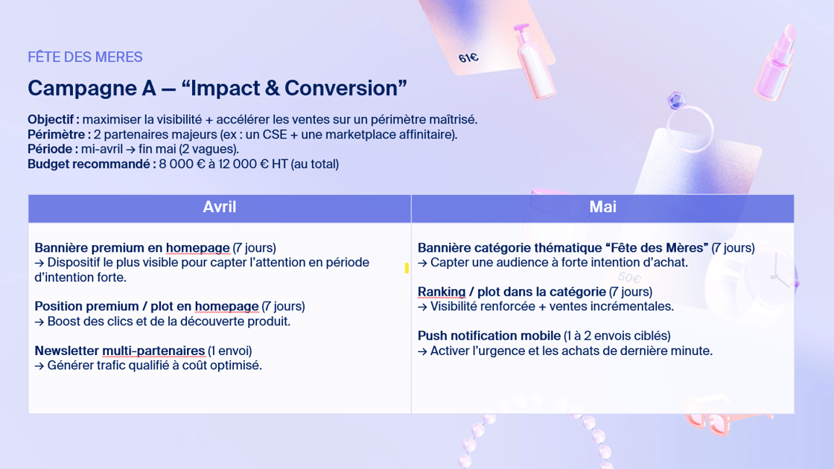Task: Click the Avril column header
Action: [x=219, y=207]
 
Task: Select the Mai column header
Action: [x=602, y=207]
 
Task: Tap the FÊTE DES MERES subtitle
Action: [x=85, y=57]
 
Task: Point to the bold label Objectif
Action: [x=53, y=120]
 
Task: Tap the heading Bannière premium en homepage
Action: [x=132, y=248]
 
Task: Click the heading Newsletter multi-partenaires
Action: [x=120, y=351]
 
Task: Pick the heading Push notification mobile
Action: [x=488, y=336]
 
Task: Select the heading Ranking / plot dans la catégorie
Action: [x=512, y=292]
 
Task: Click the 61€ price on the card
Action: [x=468, y=57]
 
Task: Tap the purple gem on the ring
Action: [x=677, y=100]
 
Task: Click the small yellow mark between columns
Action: [x=407, y=268]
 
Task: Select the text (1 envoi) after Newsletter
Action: [x=230, y=351]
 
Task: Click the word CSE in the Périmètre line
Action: [x=275, y=135]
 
